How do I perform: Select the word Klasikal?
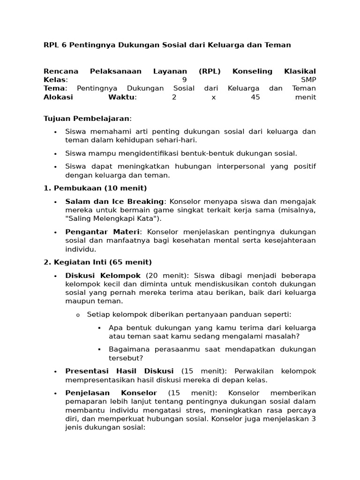click(x=300, y=71)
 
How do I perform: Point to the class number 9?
click(x=184, y=80)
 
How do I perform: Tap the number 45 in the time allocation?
click(x=255, y=97)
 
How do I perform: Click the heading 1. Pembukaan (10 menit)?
click(x=95, y=188)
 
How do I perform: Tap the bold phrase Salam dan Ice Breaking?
click(x=114, y=202)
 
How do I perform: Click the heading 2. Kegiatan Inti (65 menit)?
click(x=97, y=262)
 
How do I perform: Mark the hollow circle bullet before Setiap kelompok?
click(x=78, y=315)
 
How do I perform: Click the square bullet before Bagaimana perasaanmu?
click(x=100, y=349)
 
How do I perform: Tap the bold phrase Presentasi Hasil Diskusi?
click(x=120, y=371)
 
